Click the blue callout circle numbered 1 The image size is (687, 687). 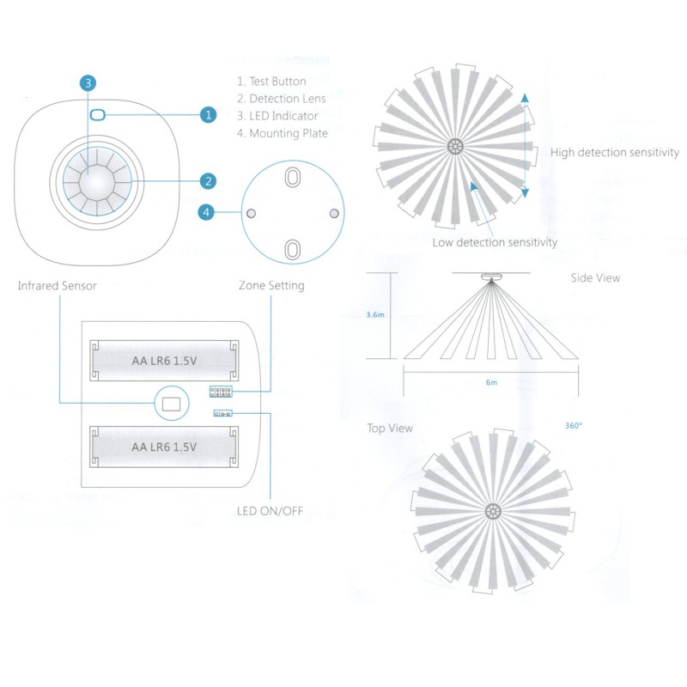(208, 115)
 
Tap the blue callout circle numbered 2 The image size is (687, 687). (208, 181)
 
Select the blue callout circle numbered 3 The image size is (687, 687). (88, 82)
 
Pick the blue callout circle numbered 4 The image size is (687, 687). (206, 212)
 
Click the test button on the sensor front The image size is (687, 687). (97, 115)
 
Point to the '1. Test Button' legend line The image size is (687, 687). (271, 82)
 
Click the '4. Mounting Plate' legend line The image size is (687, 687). (283, 133)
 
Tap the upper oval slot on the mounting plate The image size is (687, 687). (292, 178)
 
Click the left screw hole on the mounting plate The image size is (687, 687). (251, 213)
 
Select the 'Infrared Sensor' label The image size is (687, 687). (57, 286)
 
